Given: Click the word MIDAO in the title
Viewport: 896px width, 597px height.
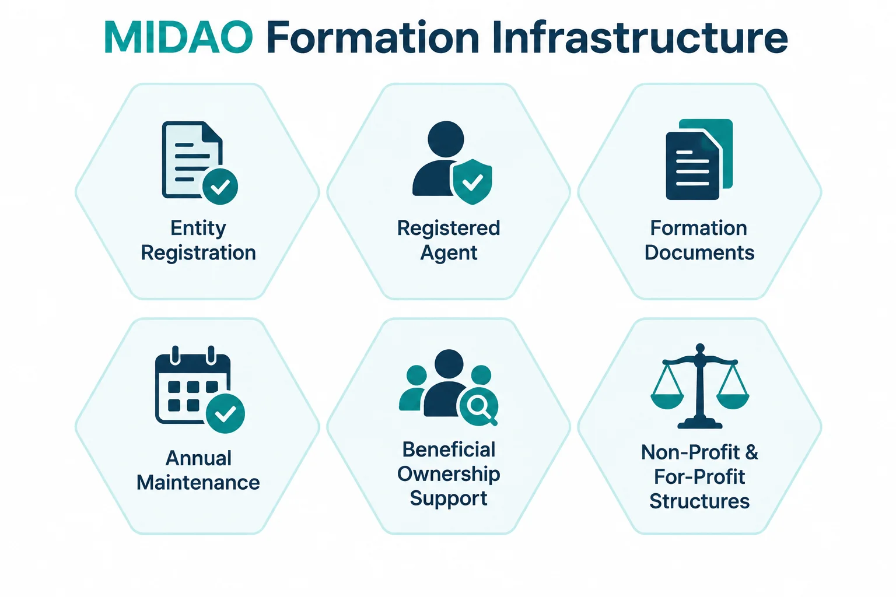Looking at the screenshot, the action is pos(178,37).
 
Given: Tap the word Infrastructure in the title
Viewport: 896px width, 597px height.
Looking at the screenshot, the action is pos(640,37).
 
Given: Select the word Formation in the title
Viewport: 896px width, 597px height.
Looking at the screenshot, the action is pos(373,37).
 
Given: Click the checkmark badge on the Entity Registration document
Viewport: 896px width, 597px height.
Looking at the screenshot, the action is pos(220,187).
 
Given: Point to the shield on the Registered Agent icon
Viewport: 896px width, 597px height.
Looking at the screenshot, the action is pos(472,182).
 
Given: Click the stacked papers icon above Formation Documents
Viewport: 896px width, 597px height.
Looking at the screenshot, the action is pos(699,159).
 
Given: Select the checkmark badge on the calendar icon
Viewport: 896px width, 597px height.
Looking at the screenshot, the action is pos(225,413).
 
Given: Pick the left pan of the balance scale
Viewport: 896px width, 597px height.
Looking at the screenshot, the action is pos(667,402).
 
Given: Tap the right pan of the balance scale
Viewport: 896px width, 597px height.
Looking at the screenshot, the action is pos(733,402).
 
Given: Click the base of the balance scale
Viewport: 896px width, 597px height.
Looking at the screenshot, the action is pos(699,423).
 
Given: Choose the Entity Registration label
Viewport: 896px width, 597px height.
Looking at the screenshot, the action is pos(198,240).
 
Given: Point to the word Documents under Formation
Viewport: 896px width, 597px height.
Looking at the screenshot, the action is pos(699,252).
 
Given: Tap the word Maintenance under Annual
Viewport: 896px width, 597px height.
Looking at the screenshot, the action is pos(198,482).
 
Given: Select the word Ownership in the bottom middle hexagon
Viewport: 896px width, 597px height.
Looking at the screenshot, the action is pos(449,475).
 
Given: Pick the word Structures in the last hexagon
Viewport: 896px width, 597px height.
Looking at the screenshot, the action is pos(699,501).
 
